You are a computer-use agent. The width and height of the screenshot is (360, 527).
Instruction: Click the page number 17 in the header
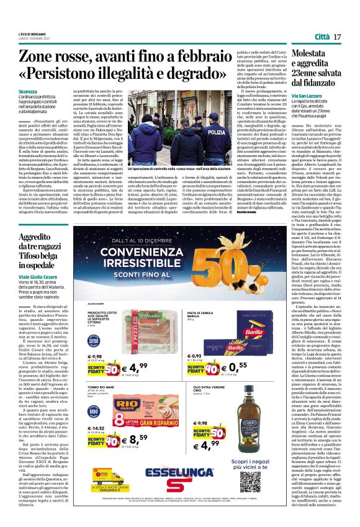coord(337,38)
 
